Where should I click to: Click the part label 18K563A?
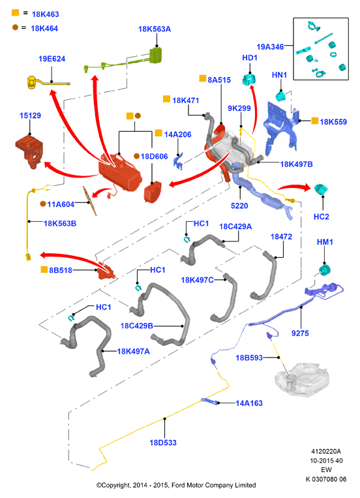coord(155,29)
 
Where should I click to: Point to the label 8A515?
coord(219,80)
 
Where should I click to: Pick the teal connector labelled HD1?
coord(249,80)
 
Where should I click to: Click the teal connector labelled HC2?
coord(322,189)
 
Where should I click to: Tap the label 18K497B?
coord(296,164)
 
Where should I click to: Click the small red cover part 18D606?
coord(153,192)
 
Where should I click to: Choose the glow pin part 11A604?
coord(90,201)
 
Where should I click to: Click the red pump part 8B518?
coord(106,271)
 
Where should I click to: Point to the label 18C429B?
coord(136,326)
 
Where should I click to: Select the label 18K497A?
coord(133,351)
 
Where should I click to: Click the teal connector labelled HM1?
coord(325,270)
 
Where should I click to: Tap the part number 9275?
coord(300,333)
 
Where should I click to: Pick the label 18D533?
coord(163,443)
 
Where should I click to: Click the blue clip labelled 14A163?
coord(210,401)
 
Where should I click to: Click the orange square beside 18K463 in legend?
coord(15,12)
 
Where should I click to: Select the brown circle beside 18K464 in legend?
coord(15,27)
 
